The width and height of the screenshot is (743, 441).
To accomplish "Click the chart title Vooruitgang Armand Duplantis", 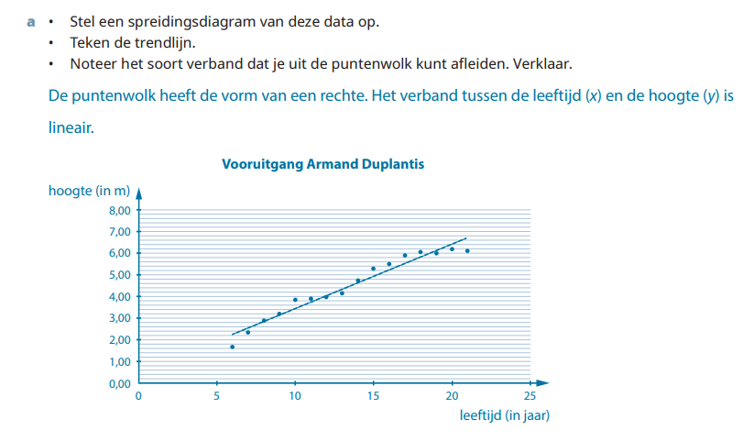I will point(323,164).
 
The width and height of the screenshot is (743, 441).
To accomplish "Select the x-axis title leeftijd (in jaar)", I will point(504,414).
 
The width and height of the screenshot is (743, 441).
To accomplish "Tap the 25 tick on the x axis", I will point(530,396).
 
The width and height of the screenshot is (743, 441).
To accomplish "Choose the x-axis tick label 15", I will point(373,396).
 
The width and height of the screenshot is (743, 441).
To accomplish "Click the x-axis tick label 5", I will point(216,396).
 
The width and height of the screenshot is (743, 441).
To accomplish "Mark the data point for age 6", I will point(233,347).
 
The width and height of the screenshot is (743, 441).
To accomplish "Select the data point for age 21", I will point(467,250).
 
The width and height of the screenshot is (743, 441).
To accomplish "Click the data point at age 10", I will point(295,300).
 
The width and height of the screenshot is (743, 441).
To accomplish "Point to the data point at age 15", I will point(373,269).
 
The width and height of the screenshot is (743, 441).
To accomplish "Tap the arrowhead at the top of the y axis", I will point(138,193).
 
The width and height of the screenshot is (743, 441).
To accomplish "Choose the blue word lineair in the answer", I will point(71,127).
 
